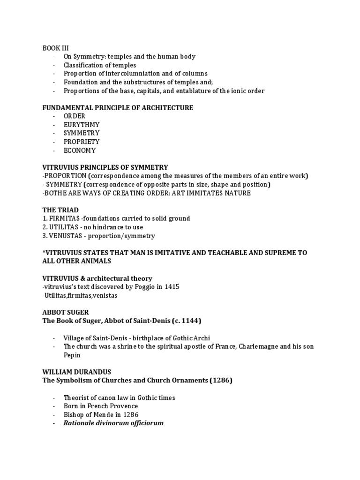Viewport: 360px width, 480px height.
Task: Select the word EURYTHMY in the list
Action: point(82,125)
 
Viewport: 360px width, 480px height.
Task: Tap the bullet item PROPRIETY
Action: point(82,142)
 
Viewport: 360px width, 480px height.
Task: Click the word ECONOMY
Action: point(80,150)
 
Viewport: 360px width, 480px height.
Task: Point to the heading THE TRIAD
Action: point(61,210)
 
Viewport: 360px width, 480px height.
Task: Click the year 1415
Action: point(172,287)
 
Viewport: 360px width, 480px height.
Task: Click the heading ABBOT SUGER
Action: point(65,312)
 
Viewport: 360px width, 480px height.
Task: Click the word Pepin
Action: point(72,355)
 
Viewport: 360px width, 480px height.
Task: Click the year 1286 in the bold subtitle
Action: point(221,381)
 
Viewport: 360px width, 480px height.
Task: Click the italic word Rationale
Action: point(80,423)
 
